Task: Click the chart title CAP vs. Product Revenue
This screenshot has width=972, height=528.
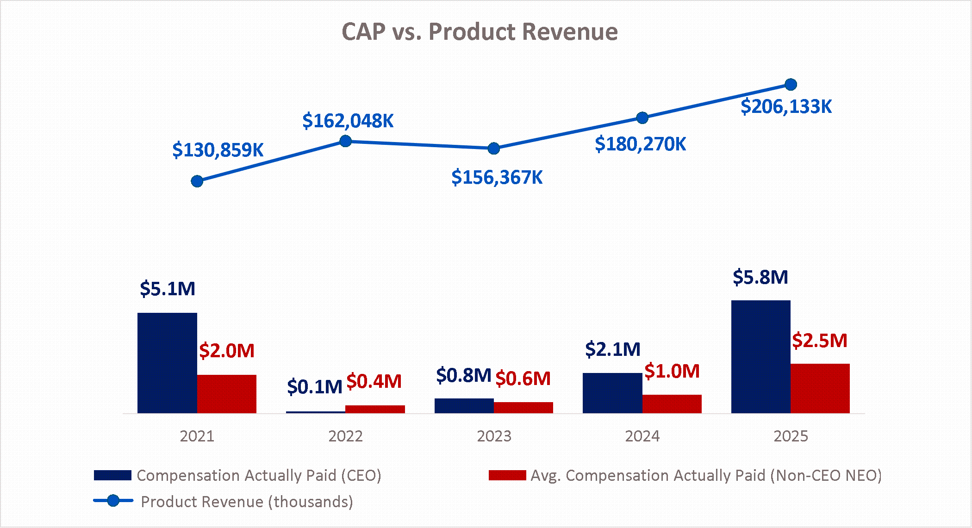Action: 480,32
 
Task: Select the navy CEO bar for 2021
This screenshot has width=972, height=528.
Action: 167,363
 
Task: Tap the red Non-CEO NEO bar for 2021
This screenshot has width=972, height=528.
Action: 227,394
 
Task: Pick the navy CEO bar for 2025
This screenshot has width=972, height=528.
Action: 761,357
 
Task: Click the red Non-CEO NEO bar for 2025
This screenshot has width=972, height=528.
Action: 820,388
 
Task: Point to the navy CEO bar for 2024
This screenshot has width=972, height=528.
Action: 612,393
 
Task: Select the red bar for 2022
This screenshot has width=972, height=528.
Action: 375,409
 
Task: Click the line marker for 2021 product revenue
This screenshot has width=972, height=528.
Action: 197,181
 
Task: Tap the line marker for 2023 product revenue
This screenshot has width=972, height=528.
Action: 494,149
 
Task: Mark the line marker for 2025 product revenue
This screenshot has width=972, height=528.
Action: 791,85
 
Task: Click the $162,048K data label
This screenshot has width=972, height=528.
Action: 348,121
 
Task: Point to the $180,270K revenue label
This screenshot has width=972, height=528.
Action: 640,144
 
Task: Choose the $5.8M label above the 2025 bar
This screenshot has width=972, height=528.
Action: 760,277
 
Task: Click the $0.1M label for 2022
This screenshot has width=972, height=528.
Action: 314,386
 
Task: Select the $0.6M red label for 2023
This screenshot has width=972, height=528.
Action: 523,379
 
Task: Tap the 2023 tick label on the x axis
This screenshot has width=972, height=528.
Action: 494,436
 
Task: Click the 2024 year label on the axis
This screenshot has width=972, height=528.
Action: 642,436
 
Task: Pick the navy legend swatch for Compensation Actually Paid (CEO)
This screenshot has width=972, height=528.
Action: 112,475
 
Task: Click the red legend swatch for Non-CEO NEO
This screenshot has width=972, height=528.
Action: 507,475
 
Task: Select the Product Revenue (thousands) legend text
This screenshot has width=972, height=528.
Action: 247,502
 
